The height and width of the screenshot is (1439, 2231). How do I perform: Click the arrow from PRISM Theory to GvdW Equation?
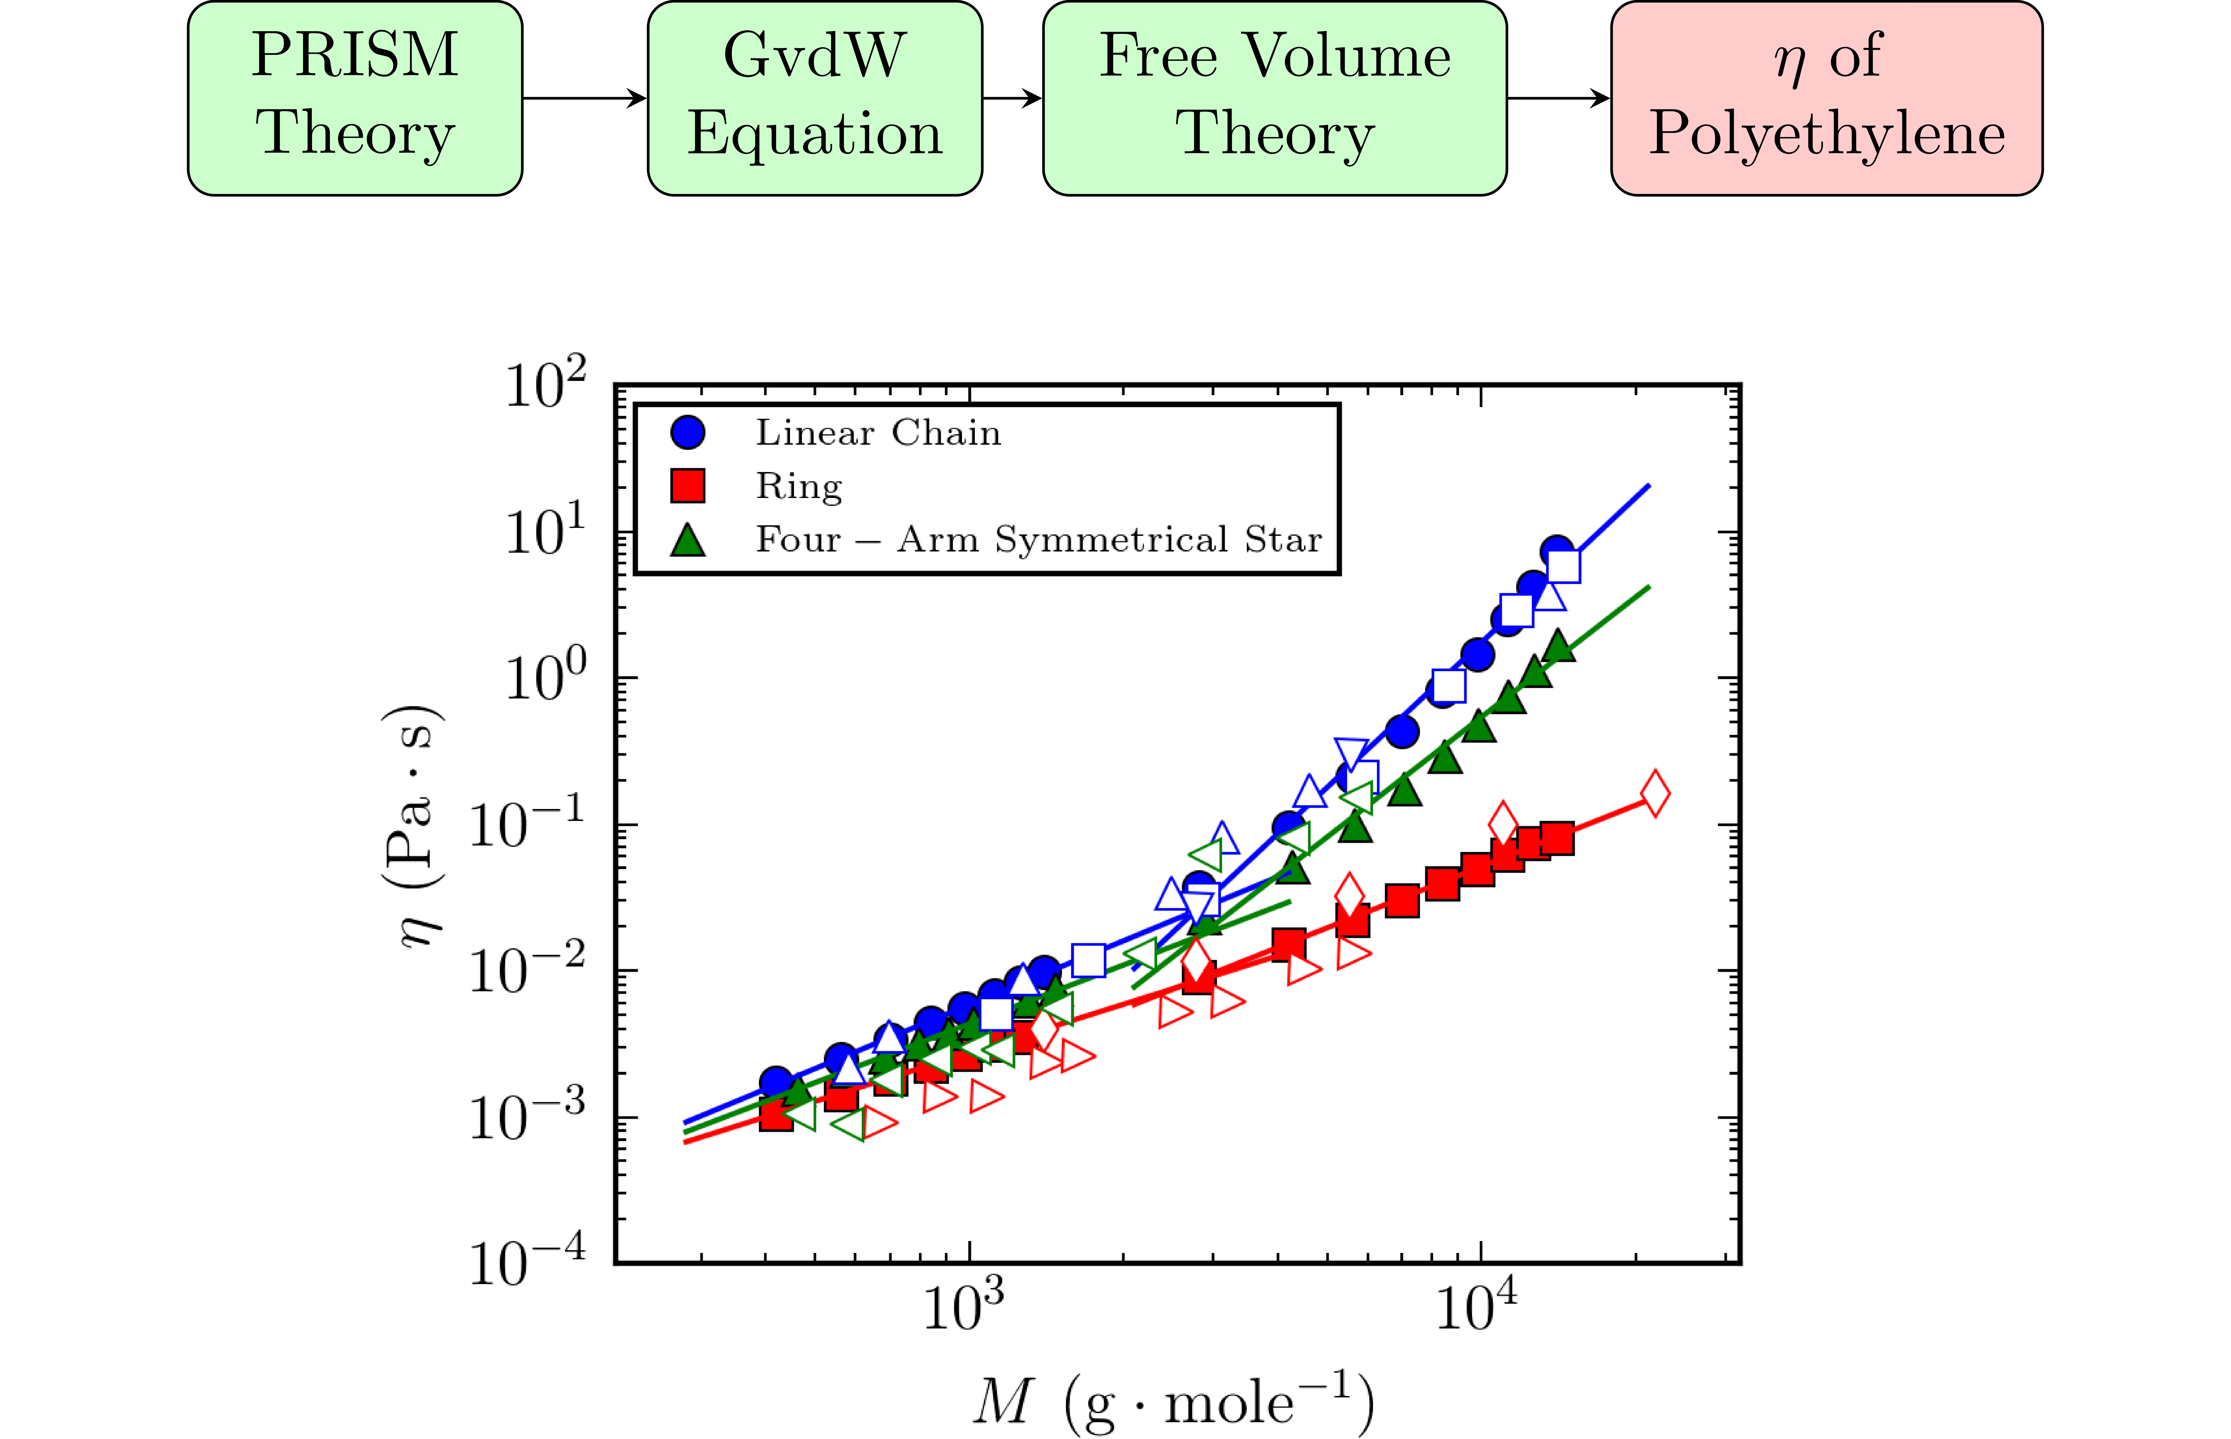[584, 97]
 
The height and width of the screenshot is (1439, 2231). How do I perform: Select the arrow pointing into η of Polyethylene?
[1558, 97]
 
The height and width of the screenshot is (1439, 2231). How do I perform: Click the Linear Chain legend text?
[878, 433]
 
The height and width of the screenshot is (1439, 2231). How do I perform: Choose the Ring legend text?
[799, 486]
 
